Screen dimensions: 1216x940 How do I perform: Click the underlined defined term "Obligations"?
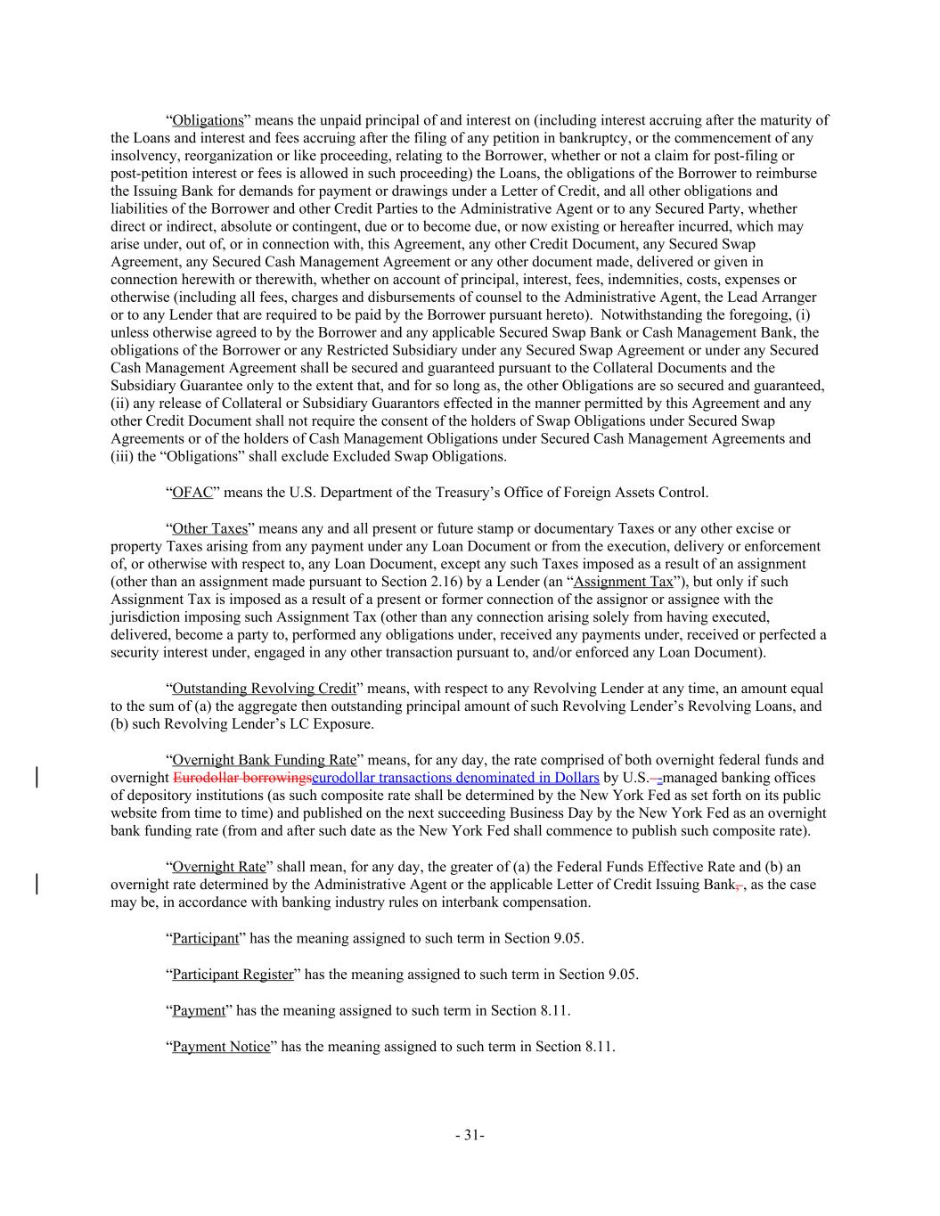[208, 120]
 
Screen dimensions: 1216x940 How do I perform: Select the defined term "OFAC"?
[192, 493]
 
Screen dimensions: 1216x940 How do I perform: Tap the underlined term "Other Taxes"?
[210, 529]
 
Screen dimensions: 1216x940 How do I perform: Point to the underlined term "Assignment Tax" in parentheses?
[624, 583]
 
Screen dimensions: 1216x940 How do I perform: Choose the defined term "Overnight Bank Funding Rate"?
[264, 760]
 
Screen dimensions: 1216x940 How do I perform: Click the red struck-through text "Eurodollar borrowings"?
[242, 778]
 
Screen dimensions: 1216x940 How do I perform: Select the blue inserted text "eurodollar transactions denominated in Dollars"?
[455, 778]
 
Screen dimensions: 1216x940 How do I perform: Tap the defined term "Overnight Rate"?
[219, 867]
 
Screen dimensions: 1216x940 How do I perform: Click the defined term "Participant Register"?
[233, 975]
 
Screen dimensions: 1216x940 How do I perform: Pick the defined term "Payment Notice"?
[221, 1047]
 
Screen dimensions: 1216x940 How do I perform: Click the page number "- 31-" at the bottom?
[470, 1135]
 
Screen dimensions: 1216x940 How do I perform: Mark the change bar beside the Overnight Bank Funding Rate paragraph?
[37, 777]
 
